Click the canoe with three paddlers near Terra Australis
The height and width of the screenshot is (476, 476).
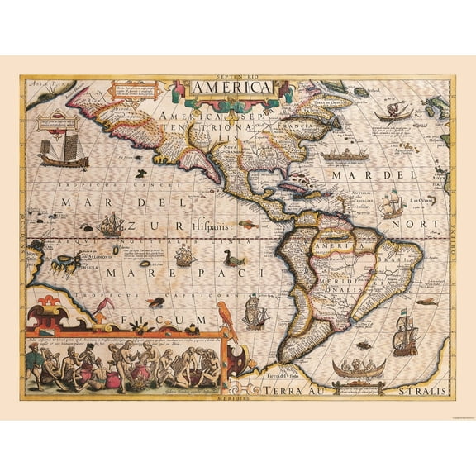[359, 368]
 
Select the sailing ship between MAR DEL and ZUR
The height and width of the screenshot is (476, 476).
[111, 224]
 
